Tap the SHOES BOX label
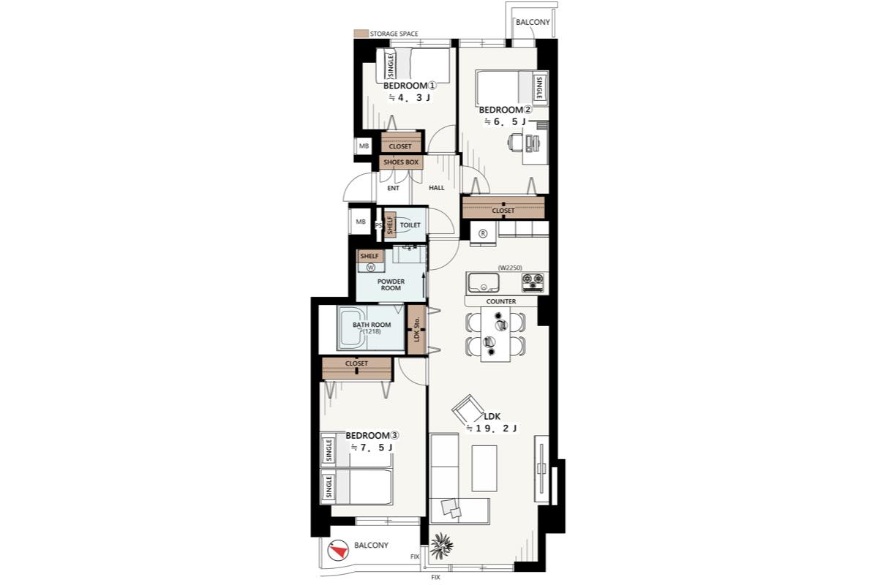(401, 162)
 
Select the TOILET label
(410, 225)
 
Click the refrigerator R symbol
(483, 233)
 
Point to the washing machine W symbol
(370, 268)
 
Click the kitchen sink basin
(484, 282)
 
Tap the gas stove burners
(533, 282)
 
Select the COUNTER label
(501, 301)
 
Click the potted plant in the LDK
(442, 545)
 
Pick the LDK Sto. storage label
(417, 329)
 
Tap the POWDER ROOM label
(391, 284)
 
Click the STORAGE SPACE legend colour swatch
(361, 34)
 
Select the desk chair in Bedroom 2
(515, 142)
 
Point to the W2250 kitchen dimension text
(510, 268)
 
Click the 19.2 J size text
(492, 429)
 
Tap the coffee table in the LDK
(484, 468)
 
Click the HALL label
(437, 188)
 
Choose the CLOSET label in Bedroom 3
(357, 363)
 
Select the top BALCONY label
(533, 23)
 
